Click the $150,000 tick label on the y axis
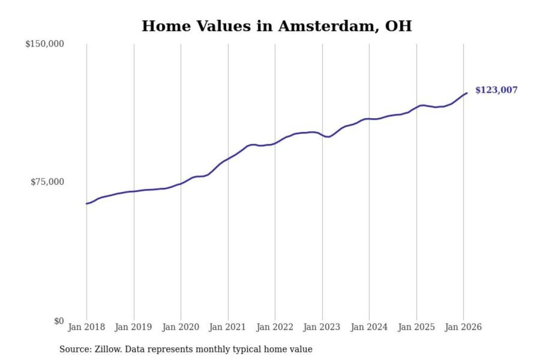(45, 44)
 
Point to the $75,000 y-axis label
(47, 182)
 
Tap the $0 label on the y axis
(59, 321)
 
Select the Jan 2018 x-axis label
(86, 327)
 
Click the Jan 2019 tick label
(133, 327)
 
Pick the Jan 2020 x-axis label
(180, 327)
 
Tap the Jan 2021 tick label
(228, 327)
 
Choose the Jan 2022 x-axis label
(274, 327)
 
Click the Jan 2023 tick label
(322, 327)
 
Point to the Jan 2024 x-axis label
(369, 327)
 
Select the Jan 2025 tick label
(416, 327)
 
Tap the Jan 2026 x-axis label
(463, 327)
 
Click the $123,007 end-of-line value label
(496, 90)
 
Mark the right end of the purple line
(467, 93)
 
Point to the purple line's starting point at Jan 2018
(87, 204)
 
